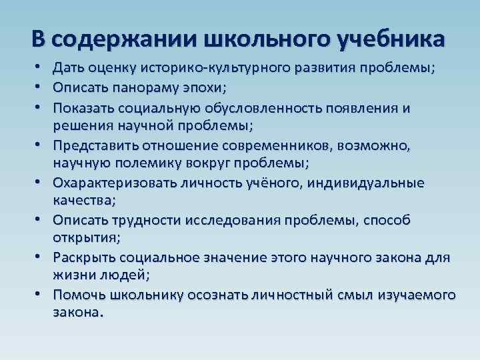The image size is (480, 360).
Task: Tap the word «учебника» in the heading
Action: [391, 39]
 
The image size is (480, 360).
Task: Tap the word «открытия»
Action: [82, 237]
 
